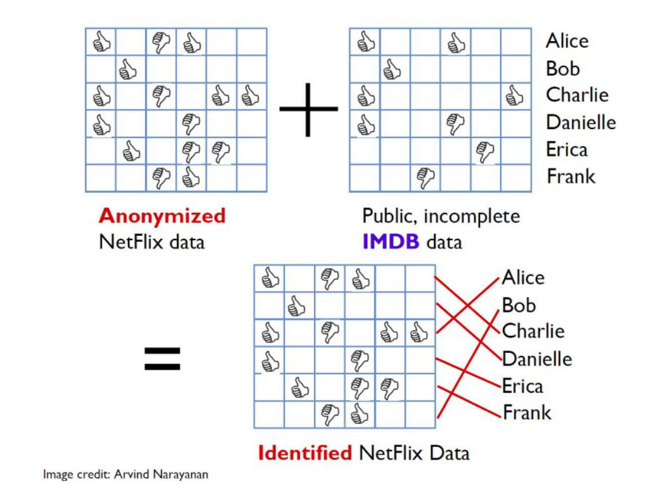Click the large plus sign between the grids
pyautogui.click(x=309, y=109)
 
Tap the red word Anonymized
pyautogui.click(x=162, y=215)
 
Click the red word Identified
pyautogui.click(x=304, y=452)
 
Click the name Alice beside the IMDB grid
pyautogui.click(x=566, y=41)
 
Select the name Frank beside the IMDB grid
pyautogui.click(x=571, y=176)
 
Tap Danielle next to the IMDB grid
pyautogui.click(x=581, y=122)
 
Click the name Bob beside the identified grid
pyautogui.click(x=519, y=305)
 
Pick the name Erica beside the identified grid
pyautogui.click(x=522, y=386)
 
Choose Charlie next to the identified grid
pyautogui.click(x=533, y=331)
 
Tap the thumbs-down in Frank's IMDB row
pyautogui.click(x=426, y=177)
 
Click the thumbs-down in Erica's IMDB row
pyautogui.click(x=485, y=150)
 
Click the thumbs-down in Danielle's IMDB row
pyautogui.click(x=455, y=123)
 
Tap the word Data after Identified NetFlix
pyautogui.click(x=449, y=452)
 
